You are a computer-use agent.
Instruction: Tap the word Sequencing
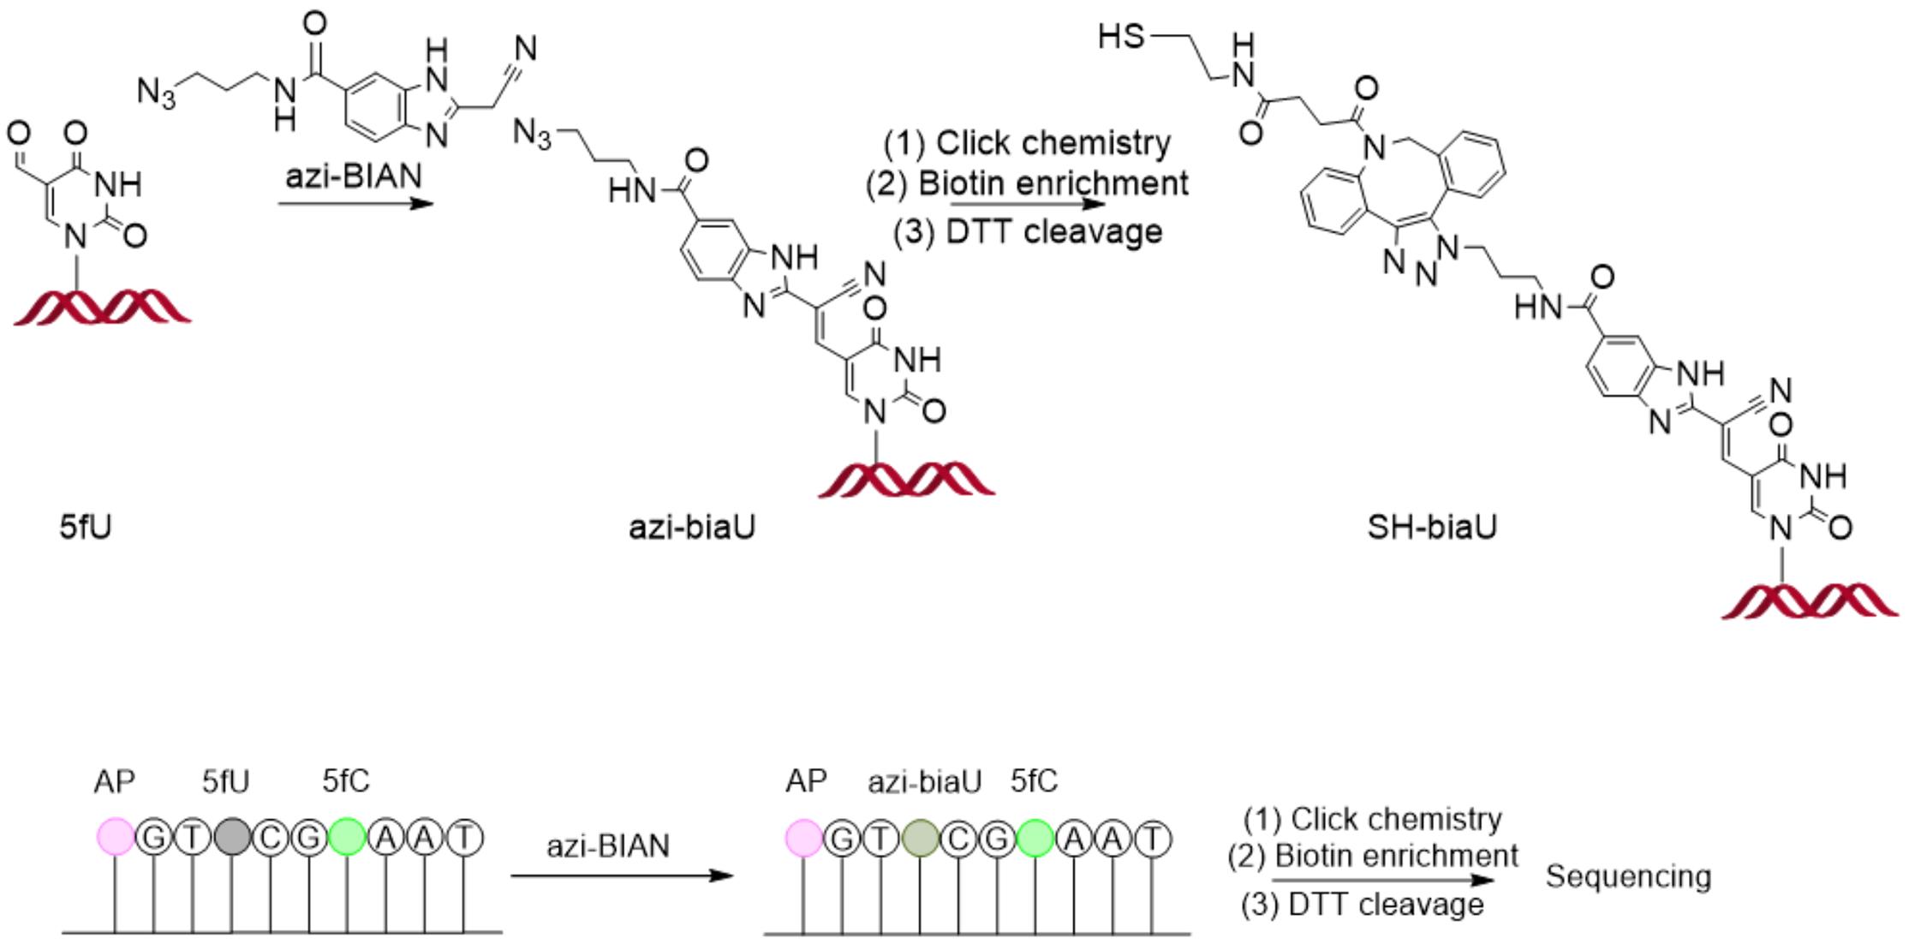[1628, 877]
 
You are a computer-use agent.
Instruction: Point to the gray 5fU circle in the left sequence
[232, 837]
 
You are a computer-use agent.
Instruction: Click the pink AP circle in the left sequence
[115, 837]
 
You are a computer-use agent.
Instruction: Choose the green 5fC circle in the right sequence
[1035, 839]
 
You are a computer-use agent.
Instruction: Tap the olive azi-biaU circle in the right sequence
[920, 839]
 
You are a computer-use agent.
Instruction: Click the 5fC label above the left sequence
[346, 781]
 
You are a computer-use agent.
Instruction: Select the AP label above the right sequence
[806, 781]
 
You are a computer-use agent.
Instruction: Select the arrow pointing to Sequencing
[1382, 881]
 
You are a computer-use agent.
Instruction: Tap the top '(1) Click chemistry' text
[1027, 143]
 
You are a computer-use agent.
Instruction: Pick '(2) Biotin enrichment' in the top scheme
[1027, 183]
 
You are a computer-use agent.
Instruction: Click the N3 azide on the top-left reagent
[156, 91]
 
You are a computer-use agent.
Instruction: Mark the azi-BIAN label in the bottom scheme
[608, 846]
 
